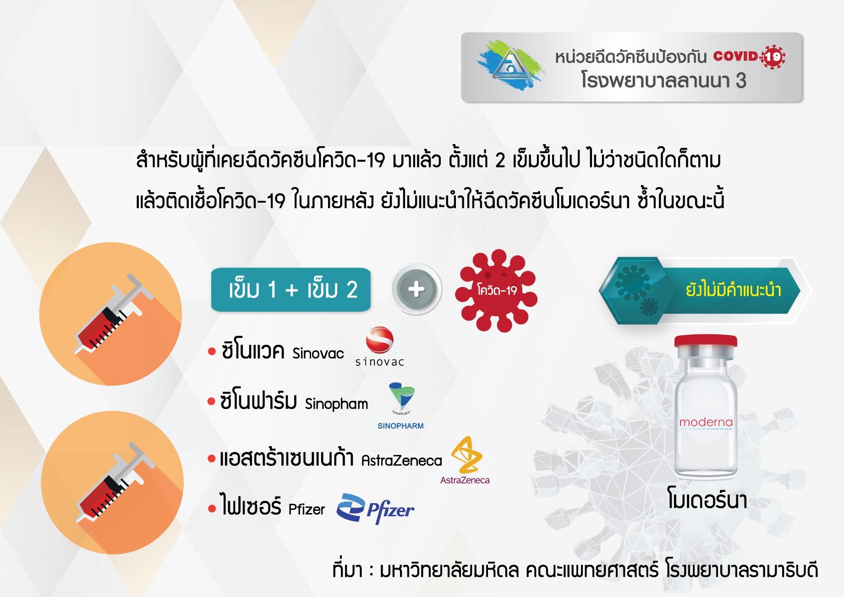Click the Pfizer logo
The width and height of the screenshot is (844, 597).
375,509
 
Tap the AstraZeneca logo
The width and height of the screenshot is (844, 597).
466,460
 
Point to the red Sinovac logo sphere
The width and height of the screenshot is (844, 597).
379,340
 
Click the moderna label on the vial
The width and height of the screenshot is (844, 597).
706,422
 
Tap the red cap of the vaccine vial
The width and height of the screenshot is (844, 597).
706,342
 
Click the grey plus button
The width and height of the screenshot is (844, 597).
416,289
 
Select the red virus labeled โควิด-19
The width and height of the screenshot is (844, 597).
496,291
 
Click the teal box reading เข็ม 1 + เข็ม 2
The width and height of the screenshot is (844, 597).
291,290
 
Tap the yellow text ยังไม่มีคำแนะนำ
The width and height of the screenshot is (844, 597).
733,290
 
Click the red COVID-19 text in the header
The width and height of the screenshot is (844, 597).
749,57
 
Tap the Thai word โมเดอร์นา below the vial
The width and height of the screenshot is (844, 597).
707,500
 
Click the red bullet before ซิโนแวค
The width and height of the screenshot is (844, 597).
212,352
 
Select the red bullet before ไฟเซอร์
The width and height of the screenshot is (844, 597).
212,509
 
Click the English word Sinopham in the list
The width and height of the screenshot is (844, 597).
336,404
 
